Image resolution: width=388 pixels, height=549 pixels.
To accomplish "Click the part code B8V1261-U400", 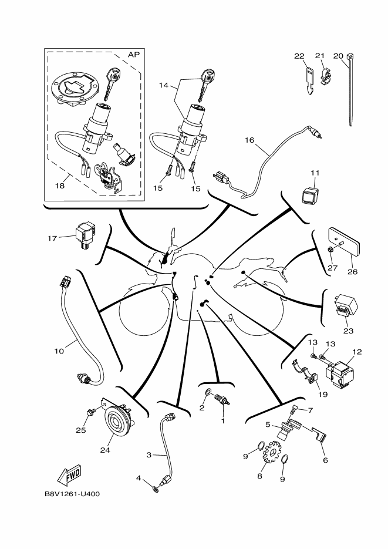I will click(72, 494).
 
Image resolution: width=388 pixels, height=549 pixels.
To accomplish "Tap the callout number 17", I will click(52, 238).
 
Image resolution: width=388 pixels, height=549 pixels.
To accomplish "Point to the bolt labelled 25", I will click(90, 414).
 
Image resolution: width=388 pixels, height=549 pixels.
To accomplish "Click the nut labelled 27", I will click(330, 251).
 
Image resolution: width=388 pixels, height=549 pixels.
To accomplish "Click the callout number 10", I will click(59, 352).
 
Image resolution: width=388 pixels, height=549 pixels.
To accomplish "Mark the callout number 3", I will click(149, 455).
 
